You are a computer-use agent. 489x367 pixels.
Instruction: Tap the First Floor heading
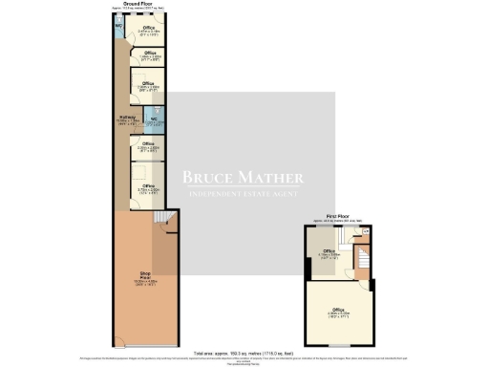335,217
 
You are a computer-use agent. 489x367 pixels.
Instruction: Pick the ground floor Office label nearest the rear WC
148,29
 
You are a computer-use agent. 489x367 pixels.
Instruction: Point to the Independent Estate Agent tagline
243,196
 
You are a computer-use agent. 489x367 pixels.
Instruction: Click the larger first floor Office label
337,310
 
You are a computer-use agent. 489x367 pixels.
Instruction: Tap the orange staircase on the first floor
364,258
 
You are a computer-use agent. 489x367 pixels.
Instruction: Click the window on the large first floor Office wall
339,345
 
